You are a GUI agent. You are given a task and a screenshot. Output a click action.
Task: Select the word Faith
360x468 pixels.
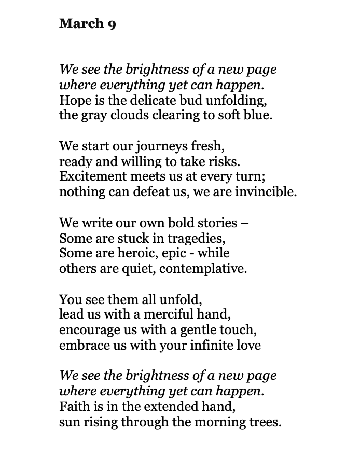click(x=74, y=406)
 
